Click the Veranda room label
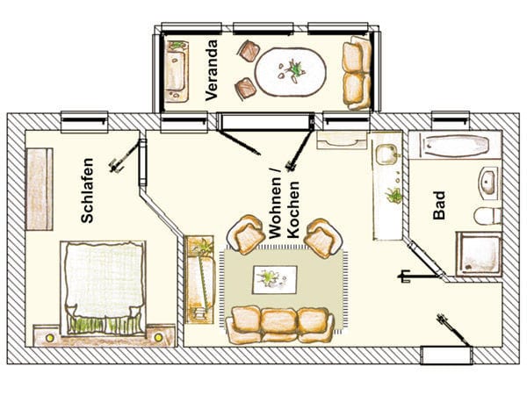[x=212, y=70]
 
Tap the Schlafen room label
[x=87, y=190]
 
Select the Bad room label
[x=439, y=205]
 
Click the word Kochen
[x=293, y=210]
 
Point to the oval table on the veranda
[x=290, y=72]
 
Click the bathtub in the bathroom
[x=455, y=146]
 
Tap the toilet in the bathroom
[x=487, y=216]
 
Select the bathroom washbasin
[x=488, y=183]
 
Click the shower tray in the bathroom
[x=479, y=254]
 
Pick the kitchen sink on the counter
[x=386, y=154]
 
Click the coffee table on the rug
[x=275, y=280]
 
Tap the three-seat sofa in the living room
[x=279, y=325]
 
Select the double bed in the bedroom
[x=103, y=288]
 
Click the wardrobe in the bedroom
[x=40, y=189]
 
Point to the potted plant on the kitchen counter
[x=393, y=196]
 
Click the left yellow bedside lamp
[x=50, y=338]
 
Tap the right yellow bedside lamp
[x=158, y=337]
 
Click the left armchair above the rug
[x=246, y=233]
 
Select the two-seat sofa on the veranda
[x=357, y=73]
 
